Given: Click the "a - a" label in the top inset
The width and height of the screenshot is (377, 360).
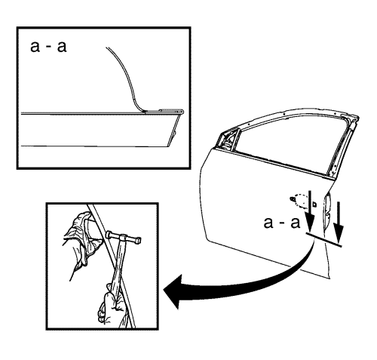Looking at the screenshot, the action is point(48,47).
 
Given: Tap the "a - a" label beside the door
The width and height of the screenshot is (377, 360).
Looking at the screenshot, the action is point(282,223).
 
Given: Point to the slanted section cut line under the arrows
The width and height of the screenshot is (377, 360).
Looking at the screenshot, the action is point(324,239).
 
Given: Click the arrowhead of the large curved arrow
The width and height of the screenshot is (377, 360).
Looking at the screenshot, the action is point(173,291).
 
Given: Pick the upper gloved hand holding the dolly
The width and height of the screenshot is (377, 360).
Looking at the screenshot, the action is point(81,239).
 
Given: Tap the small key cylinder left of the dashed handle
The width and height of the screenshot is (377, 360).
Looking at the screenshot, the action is point(292,198).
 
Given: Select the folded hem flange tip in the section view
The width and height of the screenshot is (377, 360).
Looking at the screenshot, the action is point(182,111).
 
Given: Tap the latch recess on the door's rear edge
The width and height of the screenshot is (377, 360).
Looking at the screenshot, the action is point(327,211).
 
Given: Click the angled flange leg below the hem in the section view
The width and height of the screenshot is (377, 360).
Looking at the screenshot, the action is point(174,130).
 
